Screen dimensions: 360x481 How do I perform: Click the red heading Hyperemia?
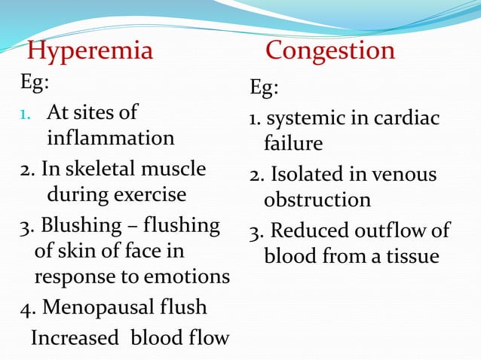[90, 51]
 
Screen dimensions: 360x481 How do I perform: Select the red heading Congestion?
[330, 50]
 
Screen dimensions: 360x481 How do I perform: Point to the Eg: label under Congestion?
[264, 88]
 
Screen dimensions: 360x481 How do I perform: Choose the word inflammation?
[111, 139]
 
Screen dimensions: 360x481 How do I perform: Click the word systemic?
[301, 119]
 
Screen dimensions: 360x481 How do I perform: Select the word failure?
[293, 143]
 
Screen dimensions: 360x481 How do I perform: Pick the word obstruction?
[317, 200]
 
